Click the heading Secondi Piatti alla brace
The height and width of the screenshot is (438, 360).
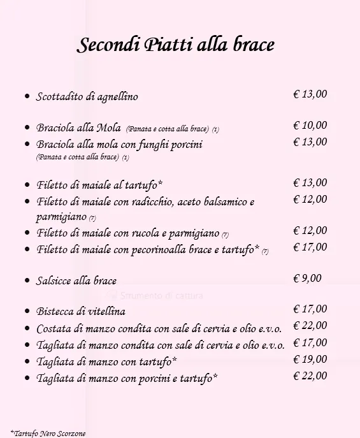pos(176,45)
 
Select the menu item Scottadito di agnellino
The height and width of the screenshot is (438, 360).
pos(87,97)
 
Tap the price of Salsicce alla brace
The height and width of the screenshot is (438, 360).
pos(307,278)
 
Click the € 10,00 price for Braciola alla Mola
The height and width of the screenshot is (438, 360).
pos(310,126)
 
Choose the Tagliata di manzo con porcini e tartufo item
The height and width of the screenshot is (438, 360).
pos(127,378)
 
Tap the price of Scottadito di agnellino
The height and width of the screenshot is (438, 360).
pos(310,94)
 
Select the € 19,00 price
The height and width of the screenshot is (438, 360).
pos(310,360)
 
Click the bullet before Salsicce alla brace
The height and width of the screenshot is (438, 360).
pos(27,281)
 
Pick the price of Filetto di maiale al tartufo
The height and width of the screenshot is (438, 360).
pos(310,183)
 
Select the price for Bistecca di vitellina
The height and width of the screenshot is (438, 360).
pos(310,309)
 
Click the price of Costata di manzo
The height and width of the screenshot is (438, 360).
pos(310,326)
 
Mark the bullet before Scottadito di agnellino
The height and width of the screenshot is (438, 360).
pos(27,97)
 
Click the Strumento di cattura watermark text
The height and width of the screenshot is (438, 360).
pos(158,296)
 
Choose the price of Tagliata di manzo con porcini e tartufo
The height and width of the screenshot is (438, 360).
pos(310,376)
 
